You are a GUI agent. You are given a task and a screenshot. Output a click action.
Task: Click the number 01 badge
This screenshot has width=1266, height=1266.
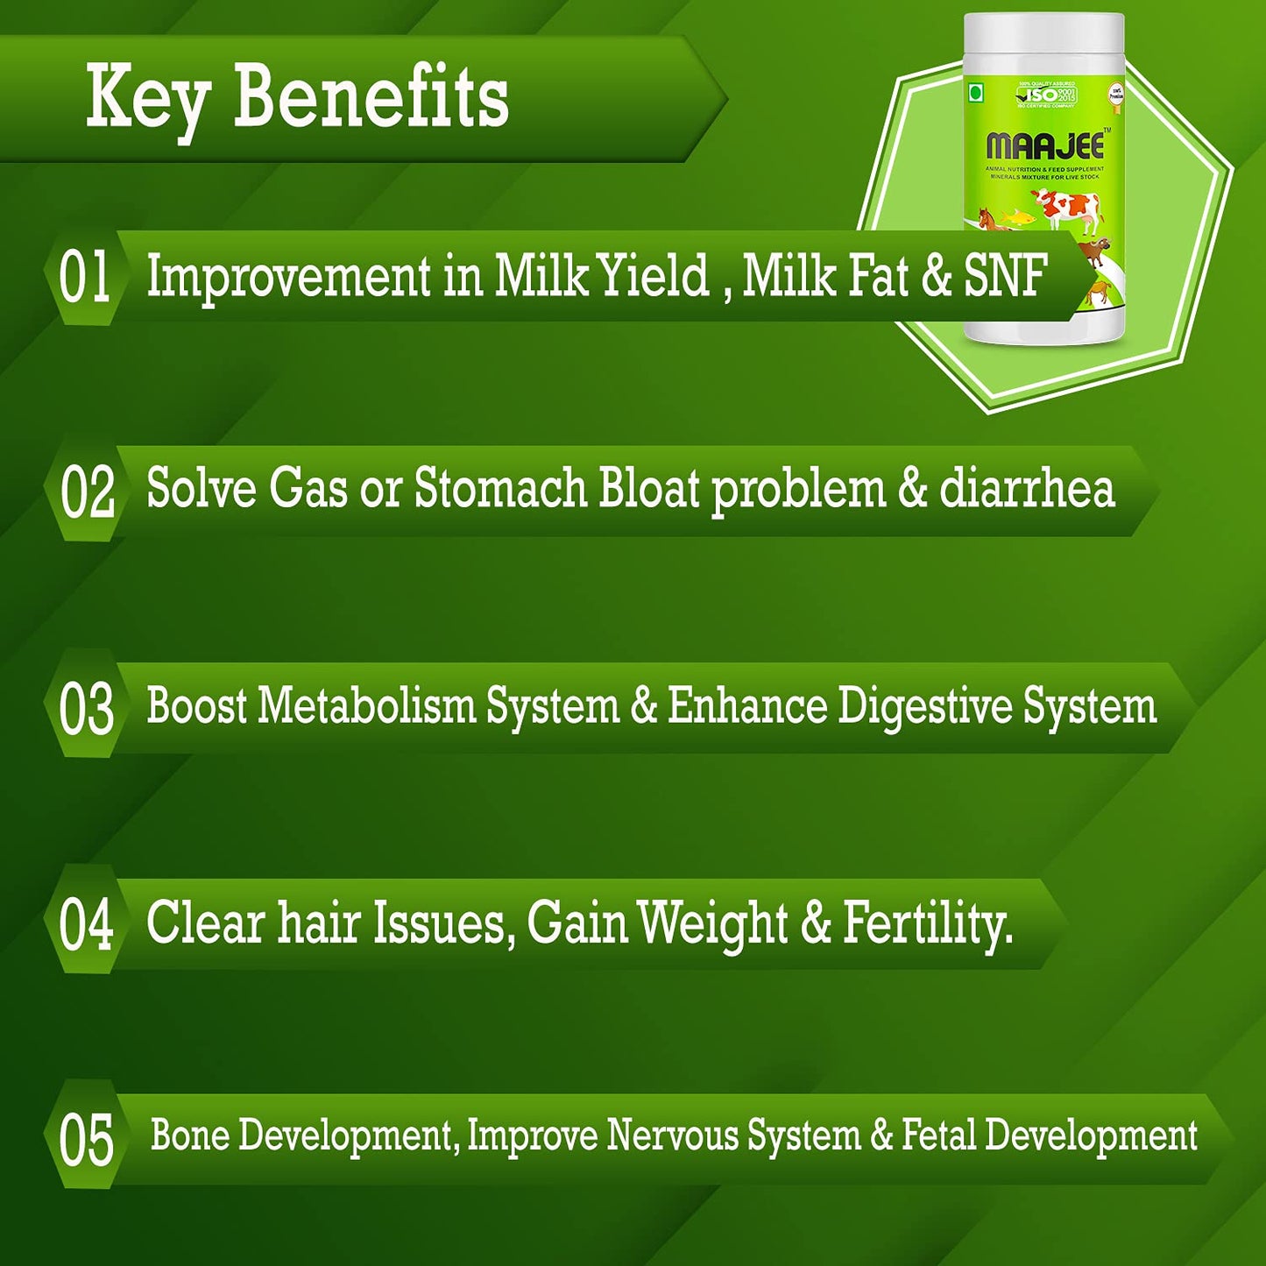(85, 277)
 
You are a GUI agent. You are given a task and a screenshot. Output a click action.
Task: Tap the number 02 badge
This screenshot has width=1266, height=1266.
(87, 492)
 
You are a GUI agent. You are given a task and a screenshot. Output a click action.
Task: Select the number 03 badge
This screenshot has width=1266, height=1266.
(86, 709)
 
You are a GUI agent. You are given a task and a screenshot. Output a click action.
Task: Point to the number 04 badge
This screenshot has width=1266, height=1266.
(86, 924)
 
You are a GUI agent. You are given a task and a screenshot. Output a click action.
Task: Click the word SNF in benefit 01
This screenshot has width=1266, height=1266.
(1006, 276)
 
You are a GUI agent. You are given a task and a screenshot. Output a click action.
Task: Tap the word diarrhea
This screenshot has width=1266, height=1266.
(1027, 489)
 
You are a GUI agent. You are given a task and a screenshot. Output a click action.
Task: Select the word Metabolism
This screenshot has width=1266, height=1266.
(366, 706)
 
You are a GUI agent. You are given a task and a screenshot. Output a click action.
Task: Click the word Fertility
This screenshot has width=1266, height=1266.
(928, 923)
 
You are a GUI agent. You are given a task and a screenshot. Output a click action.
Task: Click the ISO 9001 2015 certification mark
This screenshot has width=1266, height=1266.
(1046, 95)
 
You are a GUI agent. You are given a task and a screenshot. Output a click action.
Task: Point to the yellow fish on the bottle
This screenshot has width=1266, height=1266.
(1015, 215)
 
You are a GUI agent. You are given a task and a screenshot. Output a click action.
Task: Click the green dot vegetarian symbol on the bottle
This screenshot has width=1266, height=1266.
(974, 90)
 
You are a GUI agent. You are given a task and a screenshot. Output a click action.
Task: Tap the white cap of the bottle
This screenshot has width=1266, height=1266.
(1043, 39)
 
